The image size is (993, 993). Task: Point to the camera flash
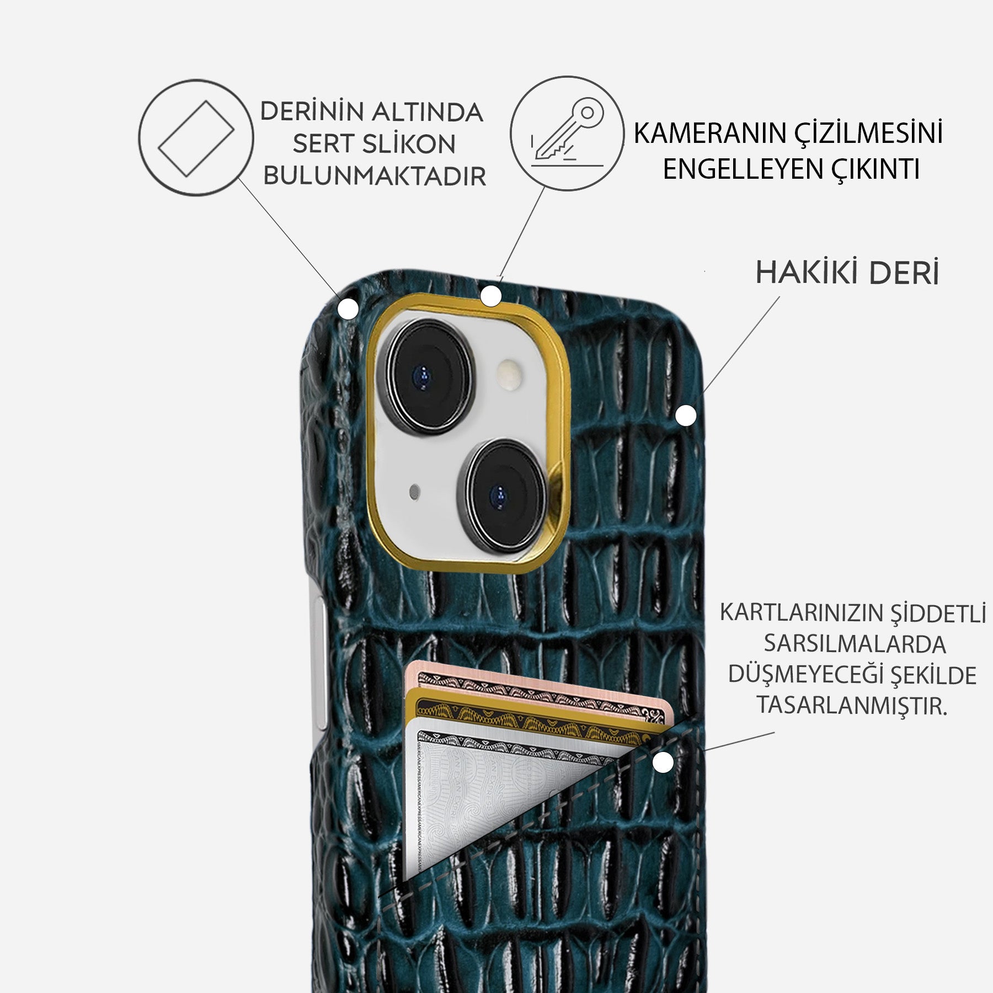(x=510, y=376)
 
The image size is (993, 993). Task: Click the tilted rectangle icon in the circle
(x=196, y=138)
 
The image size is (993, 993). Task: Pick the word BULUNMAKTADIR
(x=375, y=177)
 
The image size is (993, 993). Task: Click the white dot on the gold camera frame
(x=490, y=296)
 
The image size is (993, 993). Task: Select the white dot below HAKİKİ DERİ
(x=686, y=415)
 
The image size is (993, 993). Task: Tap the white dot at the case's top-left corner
(x=348, y=309)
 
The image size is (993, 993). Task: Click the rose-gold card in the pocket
(x=552, y=685)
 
